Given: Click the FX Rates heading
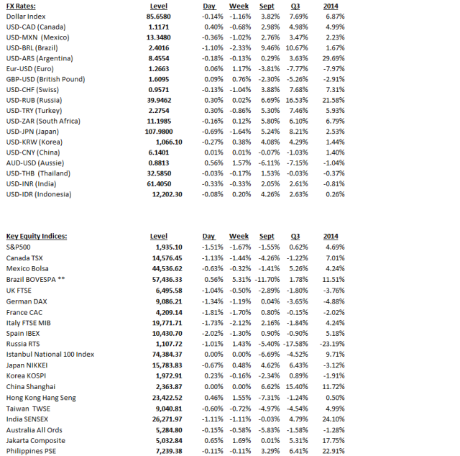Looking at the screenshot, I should [21, 6].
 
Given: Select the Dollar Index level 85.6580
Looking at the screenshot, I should [157, 16].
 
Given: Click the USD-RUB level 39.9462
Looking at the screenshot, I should [157, 100].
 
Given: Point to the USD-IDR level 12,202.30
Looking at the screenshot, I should [165, 194].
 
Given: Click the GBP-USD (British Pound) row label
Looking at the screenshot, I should [45, 79].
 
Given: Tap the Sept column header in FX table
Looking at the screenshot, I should [267, 6].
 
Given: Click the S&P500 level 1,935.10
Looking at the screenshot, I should [167, 247].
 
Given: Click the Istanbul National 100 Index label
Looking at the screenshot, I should [50, 354].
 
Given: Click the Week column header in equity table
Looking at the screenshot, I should [239, 236].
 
